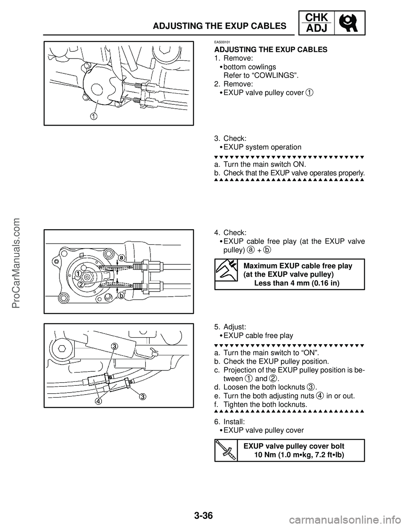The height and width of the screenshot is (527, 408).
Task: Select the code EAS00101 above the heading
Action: tap(222, 42)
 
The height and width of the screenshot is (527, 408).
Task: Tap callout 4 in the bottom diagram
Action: tap(98, 400)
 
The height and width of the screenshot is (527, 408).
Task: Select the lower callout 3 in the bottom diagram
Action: tap(143, 396)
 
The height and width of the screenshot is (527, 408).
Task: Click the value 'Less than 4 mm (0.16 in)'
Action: tap(297, 283)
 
